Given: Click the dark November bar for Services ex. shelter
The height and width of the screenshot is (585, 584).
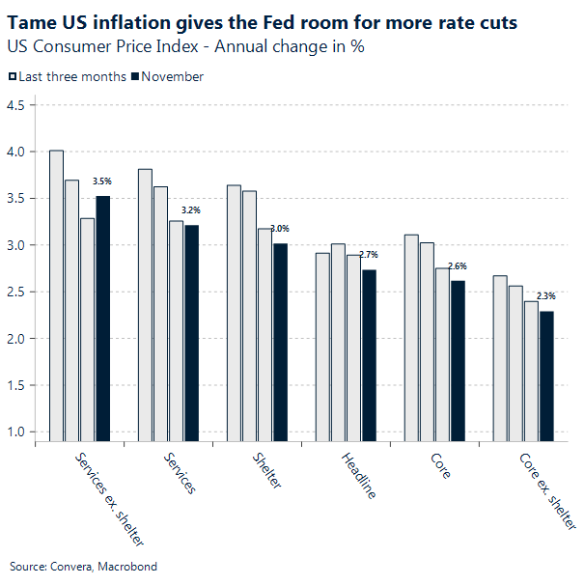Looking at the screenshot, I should [102, 319].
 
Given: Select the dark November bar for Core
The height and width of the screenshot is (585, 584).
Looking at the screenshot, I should [458, 362].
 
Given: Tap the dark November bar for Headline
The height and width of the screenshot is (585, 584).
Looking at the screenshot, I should [369, 356].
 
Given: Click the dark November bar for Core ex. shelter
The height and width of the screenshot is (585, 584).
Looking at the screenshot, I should [546, 377].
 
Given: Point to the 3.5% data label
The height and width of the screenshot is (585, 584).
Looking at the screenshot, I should [102, 181].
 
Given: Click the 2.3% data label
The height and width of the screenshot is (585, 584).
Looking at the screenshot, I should [546, 295].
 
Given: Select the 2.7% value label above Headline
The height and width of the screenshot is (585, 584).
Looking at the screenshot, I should [369, 254].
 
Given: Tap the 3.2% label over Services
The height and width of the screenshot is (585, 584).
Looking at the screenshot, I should [191, 209].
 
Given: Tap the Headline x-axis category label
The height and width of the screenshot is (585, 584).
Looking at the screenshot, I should [358, 475].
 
